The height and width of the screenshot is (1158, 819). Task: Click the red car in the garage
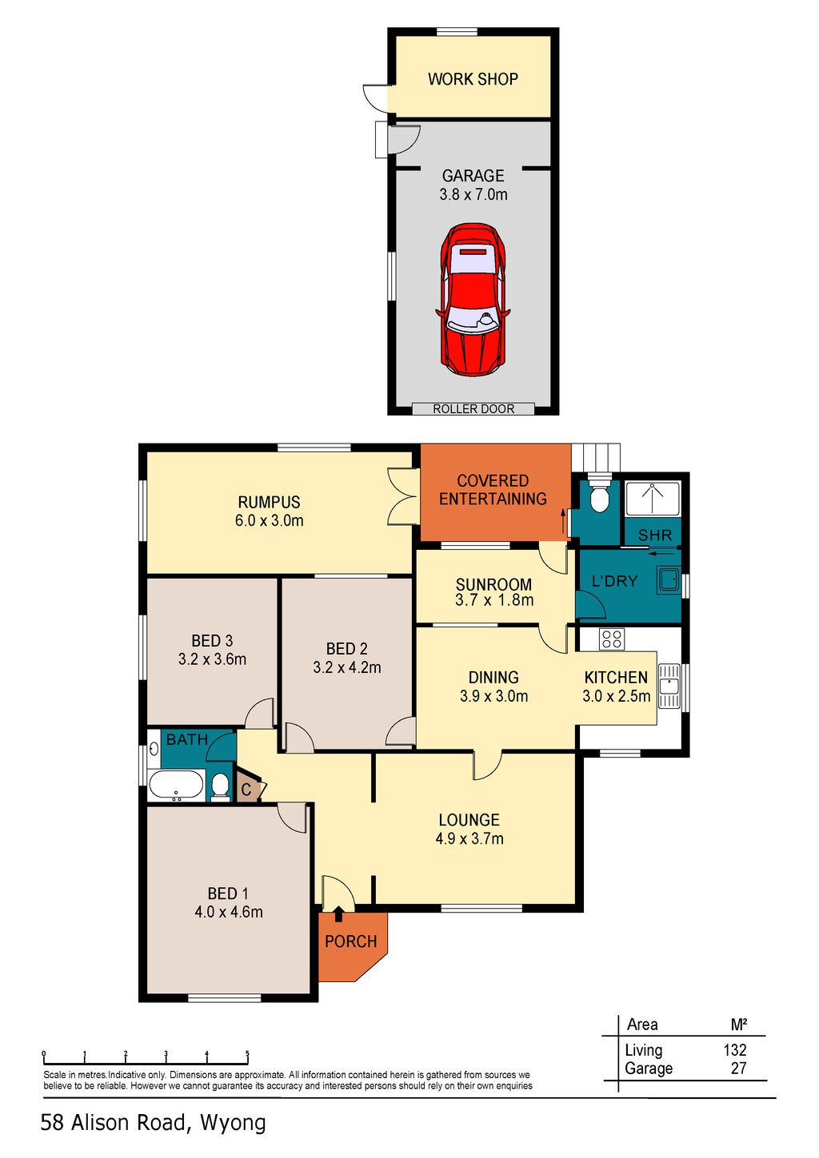473,300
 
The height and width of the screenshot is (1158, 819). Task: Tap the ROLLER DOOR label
473,409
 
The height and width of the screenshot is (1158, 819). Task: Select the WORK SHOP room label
473,79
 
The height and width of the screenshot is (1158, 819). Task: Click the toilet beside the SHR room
599,497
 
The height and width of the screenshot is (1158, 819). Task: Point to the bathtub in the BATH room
176,786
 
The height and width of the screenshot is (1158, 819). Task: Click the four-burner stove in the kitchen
612,639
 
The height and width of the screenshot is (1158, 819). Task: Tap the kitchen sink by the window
669,686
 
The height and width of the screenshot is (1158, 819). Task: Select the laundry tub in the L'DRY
669,580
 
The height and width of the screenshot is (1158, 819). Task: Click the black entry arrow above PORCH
338,914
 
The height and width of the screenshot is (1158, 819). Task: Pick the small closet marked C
248,788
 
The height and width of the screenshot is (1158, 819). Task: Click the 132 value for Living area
735,1050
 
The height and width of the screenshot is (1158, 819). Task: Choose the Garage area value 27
739,1068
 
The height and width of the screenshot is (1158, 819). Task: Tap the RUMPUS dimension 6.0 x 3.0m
269,520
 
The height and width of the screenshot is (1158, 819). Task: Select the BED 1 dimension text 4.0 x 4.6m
228,911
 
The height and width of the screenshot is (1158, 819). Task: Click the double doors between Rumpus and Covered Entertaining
403,497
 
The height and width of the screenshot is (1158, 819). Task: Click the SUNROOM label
493,584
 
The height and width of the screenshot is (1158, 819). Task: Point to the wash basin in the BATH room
154,748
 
